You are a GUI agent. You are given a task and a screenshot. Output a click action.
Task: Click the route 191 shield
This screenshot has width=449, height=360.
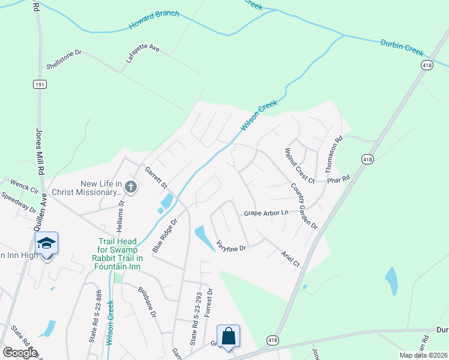[40, 85]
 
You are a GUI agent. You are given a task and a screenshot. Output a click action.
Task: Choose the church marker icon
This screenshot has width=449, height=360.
[131, 188]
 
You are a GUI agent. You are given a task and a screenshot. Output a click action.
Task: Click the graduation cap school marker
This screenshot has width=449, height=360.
[46, 244]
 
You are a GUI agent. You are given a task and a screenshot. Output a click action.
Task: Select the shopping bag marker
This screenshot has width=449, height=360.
[228, 337]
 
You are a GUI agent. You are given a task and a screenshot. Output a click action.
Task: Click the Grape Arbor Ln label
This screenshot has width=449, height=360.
[266, 213]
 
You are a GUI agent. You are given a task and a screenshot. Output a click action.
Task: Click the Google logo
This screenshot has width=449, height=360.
[19, 353]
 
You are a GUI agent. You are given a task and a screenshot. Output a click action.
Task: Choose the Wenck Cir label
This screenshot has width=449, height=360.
[24, 187]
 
